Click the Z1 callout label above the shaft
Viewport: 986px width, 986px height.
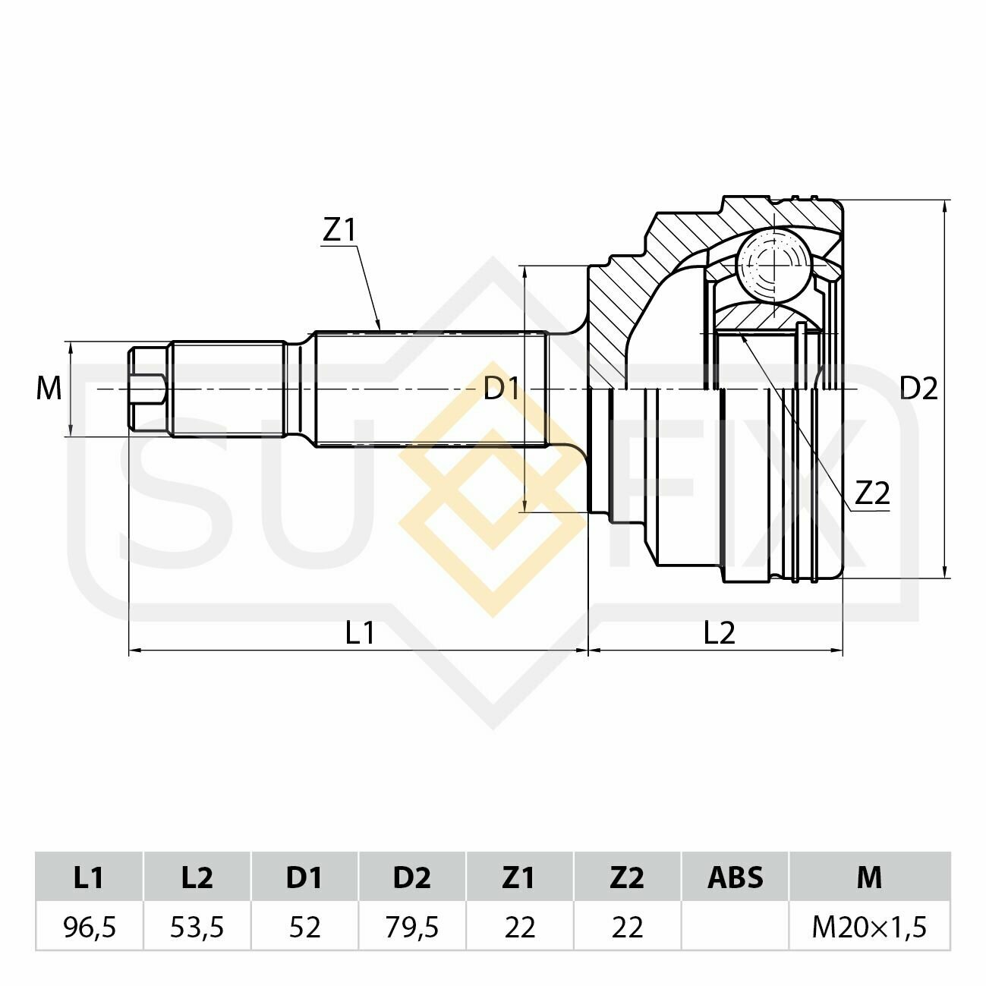[339, 230]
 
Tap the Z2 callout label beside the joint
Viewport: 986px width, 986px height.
[873, 493]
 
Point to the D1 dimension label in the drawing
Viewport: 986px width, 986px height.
[502, 389]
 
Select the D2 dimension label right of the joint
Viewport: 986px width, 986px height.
[918, 389]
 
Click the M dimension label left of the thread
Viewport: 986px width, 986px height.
[49, 389]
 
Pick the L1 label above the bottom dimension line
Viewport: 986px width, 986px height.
[361, 632]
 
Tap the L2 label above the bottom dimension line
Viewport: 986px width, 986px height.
[720, 632]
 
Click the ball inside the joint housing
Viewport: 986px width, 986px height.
[773, 265]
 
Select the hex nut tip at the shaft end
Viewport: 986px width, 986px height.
[147, 389]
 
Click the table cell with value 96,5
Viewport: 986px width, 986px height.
[90, 927]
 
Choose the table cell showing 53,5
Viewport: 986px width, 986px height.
[197, 927]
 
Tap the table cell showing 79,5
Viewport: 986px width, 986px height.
[412, 927]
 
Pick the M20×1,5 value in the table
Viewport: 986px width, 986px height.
[869, 927]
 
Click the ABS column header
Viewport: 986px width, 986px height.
[736, 877]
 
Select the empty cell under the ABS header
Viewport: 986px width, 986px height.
[736, 927]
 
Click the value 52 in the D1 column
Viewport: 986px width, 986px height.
[305, 927]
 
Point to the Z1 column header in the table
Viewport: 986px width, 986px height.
[519, 877]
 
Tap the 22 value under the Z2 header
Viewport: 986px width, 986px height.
[627, 927]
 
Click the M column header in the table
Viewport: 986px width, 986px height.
[869, 877]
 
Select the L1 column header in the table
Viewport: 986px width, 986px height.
[90, 877]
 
